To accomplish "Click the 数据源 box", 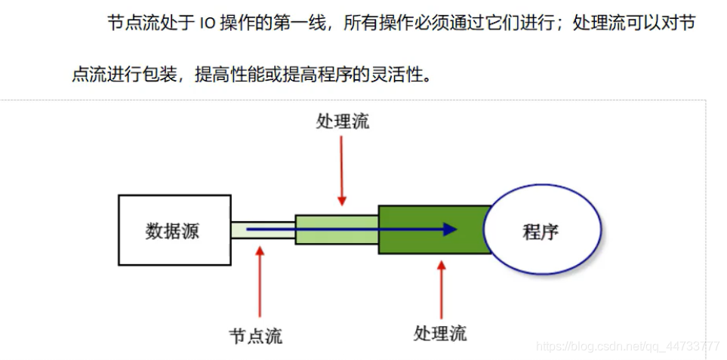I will tap(174, 230).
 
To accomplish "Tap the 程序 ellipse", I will tap(541, 230).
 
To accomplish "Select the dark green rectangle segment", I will tap(430, 229).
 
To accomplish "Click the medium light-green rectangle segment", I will tap(336, 229).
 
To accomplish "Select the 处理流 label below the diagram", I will tap(440, 333).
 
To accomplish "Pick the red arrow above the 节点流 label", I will tap(260, 283).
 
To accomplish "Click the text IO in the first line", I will tap(208, 24).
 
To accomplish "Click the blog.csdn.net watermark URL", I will tap(627, 346).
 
